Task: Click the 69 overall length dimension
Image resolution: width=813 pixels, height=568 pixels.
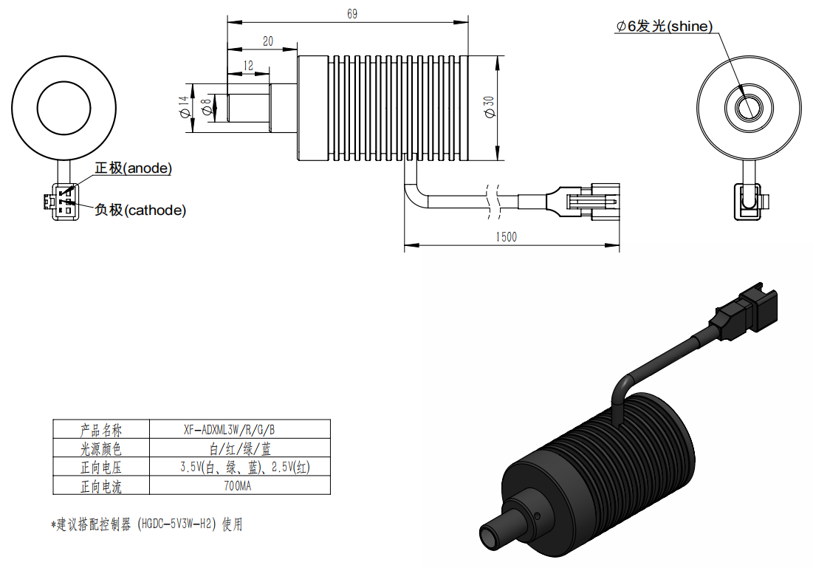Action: (x=352, y=14)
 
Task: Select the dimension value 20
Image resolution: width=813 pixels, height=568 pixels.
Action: (x=267, y=41)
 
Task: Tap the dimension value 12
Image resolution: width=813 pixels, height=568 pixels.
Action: (x=248, y=65)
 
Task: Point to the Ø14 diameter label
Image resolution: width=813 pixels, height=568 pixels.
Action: (x=184, y=107)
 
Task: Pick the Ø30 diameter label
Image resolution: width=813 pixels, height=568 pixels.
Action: (x=489, y=107)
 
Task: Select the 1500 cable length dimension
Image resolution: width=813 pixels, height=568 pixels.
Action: (x=506, y=237)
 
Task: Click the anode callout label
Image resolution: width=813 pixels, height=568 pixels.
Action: (x=133, y=168)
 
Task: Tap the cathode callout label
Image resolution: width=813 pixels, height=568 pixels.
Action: (x=140, y=210)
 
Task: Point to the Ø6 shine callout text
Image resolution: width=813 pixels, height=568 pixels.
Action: (x=664, y=26)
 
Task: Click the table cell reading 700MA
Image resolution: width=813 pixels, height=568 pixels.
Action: (x=238, y=486)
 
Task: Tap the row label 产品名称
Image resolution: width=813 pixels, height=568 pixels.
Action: (x=101, y=430)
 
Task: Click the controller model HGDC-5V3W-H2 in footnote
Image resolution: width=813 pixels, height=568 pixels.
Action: (x=176, y=524)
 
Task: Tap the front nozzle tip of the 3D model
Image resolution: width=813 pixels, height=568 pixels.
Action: (x=490, y=536)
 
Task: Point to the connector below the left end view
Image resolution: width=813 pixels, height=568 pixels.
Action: (x=62, y=201)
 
